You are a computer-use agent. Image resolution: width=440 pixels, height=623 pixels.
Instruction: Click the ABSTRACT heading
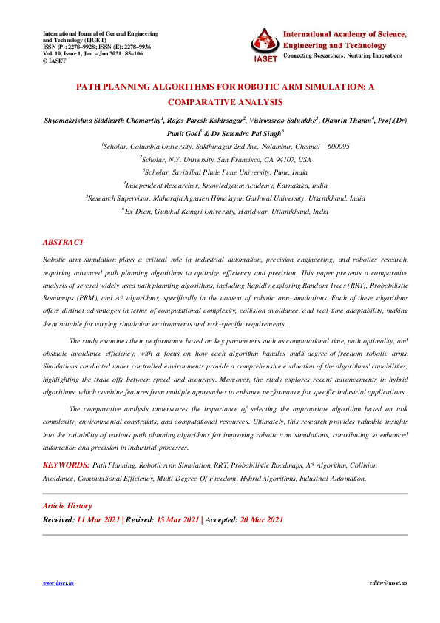point(64,243)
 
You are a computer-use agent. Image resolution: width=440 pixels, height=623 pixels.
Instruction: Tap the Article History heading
point(68,506)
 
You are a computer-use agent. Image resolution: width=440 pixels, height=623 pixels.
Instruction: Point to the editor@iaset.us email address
point(388,583)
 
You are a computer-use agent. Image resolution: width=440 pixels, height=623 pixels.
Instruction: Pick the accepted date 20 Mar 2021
point(261,519)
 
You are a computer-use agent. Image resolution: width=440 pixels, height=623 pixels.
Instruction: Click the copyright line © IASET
point(55,61)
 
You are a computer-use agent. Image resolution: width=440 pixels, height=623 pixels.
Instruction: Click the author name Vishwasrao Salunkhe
point(283,120)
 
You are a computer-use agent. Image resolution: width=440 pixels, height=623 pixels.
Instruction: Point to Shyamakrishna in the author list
point(68,120)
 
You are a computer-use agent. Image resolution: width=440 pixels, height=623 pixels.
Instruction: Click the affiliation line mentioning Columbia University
point(226,147)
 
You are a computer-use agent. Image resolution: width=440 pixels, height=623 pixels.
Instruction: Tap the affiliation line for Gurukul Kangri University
point(226,211)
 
